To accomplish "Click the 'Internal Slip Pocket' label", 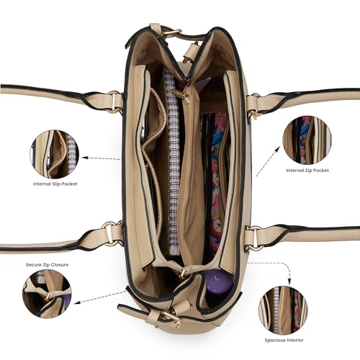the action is click(x=55, y=184).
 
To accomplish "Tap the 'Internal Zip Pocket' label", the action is click(x=307, y=170).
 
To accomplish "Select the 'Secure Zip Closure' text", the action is click(x=47, y=264).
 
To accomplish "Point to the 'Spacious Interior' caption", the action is click(x=284, y=340).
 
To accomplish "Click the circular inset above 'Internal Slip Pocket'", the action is click(x=55, y=154).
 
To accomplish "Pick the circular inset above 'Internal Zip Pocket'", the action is click(x=307, y=140).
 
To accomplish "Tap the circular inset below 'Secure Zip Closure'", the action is click(x=47, y=294).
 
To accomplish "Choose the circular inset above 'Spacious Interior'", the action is click(x=283, y=310).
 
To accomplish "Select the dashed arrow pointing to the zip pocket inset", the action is click(x=268, y=161).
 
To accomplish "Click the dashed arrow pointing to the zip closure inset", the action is click(x=100, y=297).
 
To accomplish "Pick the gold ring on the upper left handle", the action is click(x=114, y=102).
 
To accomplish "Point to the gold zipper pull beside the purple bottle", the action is click(x=183, y=273).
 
